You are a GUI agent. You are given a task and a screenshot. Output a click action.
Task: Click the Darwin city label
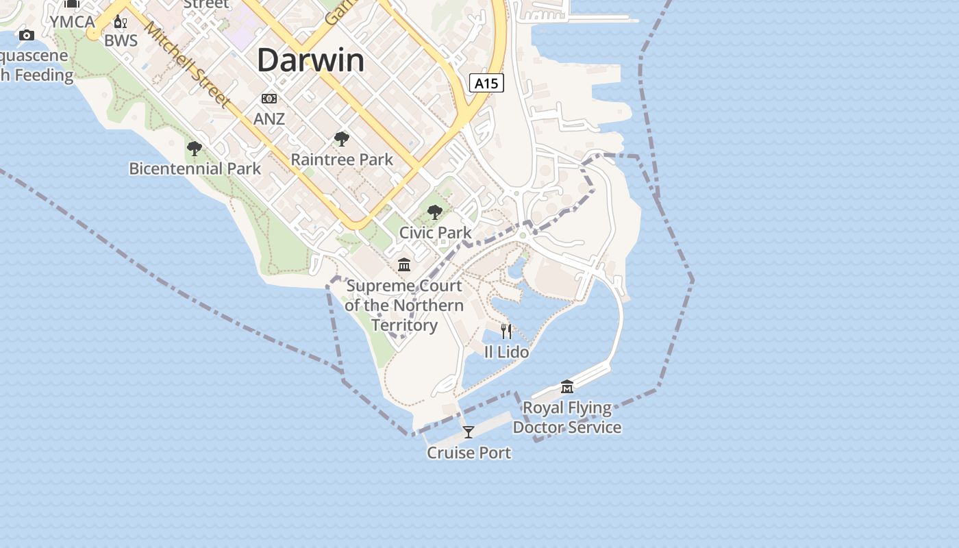pyautogui.click(x=311, y=60)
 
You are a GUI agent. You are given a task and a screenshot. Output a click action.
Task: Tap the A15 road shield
pyautogui.click(x=486, y=84)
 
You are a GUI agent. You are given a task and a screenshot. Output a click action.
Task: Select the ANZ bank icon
pyautogui.click(x=269, y=99)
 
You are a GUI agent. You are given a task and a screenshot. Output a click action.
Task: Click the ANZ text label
pyautogui.click(x=269, y=119)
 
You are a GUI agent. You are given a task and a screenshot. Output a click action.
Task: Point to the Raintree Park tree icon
pyautogui.click(x=341, y=140)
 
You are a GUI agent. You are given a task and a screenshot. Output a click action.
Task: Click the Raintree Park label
pyautogui.click(x=342, y=160)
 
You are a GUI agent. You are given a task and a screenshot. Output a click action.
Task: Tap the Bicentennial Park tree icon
pyautogui.click(x=195, y=148)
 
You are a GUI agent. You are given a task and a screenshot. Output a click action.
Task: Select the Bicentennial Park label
pyautogui.click(x=195, y=169)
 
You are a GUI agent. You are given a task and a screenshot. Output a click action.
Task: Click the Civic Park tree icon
pyautogui.click(x=435, y=212)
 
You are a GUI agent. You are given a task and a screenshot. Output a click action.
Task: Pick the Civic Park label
pyautogui.click(x=435, y=233)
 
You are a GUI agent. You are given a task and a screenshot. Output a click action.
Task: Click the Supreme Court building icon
pyautogui.click(x=404, y=264)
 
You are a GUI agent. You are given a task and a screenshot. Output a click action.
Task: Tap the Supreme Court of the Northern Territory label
pyautogui.click(x=404, y=305)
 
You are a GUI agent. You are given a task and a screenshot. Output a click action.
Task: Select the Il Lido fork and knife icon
pyautogui.click(x=506, y=332)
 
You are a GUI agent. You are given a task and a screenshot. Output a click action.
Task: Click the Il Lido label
pyautogui.click(x=506, y=352)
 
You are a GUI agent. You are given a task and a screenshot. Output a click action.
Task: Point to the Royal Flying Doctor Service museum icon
pyautogui.click(x=566, y=387)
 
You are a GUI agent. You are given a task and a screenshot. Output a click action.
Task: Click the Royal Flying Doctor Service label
pyautogui.click(x=566, y=417)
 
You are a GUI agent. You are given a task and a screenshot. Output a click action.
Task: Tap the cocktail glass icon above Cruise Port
pyautogui.click(x=469, y=432)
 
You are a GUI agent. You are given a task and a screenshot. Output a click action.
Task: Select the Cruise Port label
pyautogui.click(x=469, y=453)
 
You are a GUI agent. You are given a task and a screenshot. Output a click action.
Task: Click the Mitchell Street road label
pyautogui.click(x=186, y=63)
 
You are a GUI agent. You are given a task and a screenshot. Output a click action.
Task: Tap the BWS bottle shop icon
pyautogui.click(x=121, y=22)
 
